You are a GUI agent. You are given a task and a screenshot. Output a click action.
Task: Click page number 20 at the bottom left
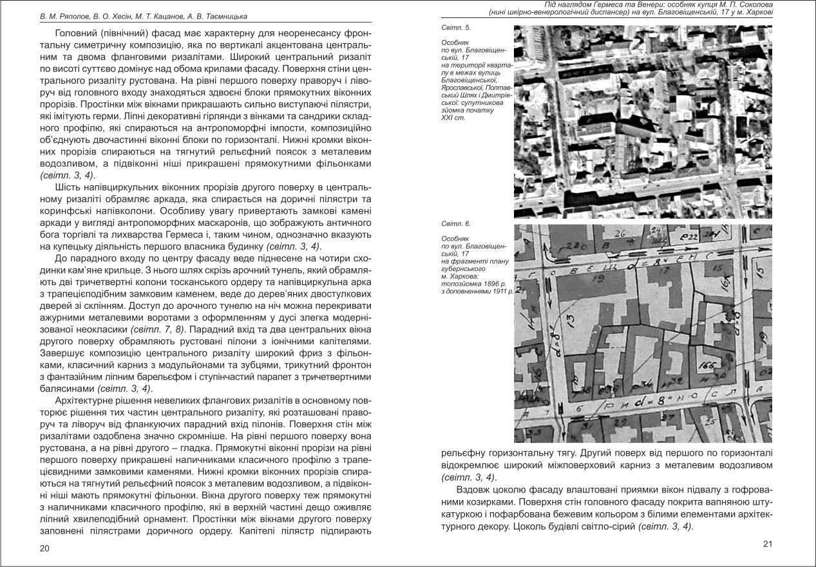pyautogui.click(x=44, y=548)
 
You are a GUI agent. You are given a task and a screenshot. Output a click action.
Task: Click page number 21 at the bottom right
pyautogui.click(x=767, y=544)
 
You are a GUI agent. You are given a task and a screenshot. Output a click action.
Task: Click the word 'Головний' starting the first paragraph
pyautogui.click(x=75, y=32)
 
